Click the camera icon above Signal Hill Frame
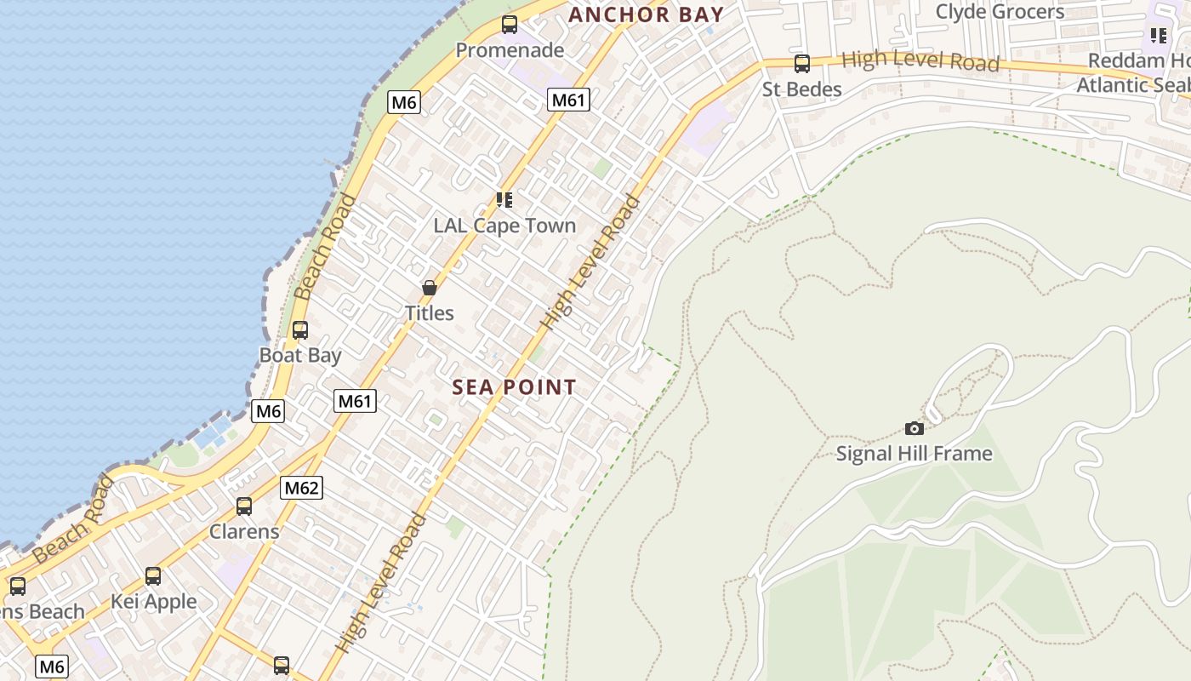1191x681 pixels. point(915,428)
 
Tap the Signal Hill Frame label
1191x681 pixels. point(914,454)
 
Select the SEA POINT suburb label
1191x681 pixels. point(514,387)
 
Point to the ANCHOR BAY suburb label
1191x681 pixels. point(646,14)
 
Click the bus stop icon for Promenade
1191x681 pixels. point(510,25)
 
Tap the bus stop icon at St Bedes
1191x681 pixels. point(801,64)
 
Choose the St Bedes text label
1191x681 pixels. point(801,89)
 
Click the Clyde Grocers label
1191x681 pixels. point(1000,12)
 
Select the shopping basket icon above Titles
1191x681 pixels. point(430,288)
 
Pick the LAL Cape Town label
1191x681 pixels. point(504,226)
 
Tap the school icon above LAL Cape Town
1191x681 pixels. point(504,200)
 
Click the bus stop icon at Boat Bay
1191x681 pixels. point(300,330)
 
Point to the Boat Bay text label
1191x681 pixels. point(300,356)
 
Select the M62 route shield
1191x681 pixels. point(302,488)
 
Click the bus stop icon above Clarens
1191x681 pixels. point(244,506)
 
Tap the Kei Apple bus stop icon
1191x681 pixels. point(153,576)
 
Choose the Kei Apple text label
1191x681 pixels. point(153,602)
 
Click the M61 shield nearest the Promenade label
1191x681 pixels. point(568,100)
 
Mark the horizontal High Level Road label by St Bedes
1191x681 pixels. point(920,61)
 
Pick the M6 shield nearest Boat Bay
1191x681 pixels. point(269,411)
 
